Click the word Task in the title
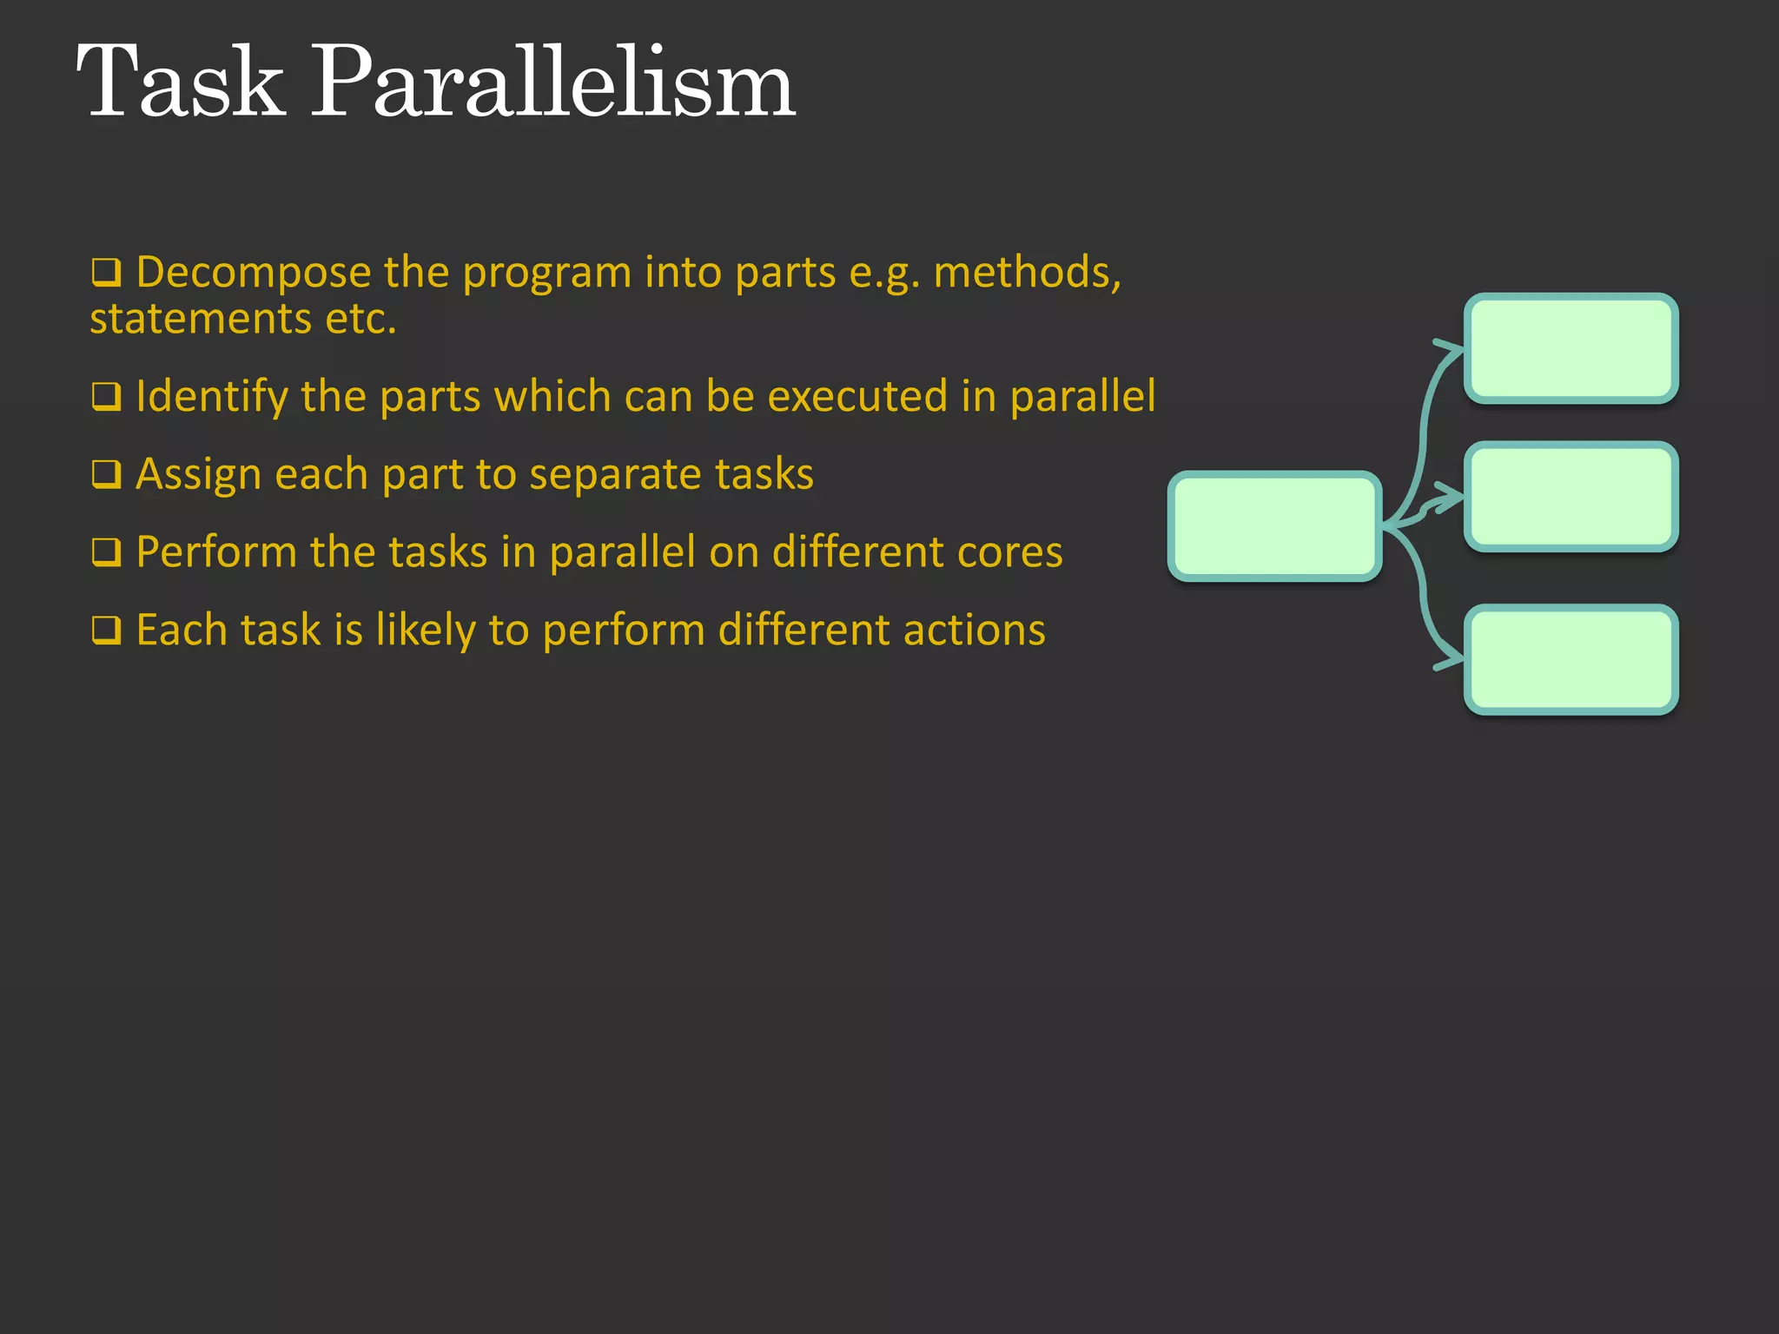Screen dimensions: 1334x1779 [x=181, y=83]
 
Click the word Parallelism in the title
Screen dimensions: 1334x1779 [x=552, y=83]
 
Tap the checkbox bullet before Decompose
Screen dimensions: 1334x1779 [x=106, y=273]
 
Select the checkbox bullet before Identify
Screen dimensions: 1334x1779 [x=106, y=397]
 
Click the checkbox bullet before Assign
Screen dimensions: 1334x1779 [x=106, y=475]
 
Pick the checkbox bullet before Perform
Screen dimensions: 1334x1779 [x=106, y=552]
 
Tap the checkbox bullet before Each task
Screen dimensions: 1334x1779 [x=106, y=631]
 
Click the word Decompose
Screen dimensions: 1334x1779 [x=254, y=273]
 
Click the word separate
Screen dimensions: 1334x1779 [x=615, y=475]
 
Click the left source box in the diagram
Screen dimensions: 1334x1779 [x=1274, y=526]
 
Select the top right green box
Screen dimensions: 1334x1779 [x=1571, y=348]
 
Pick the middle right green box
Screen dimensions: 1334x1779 [x=1571, y=497]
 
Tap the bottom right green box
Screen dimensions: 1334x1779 [x=1571, y=660]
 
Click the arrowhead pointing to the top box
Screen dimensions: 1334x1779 [x=1451, y=349]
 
